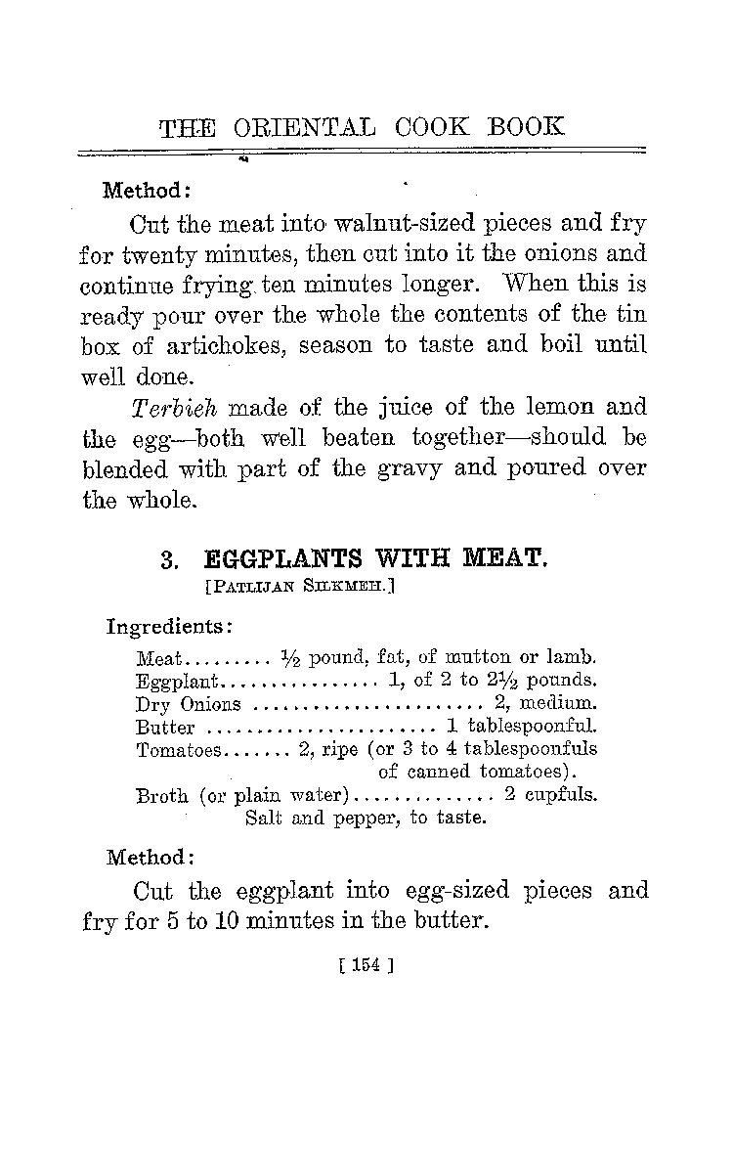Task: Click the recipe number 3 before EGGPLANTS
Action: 168,559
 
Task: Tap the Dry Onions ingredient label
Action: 188,704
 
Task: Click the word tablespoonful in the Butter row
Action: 533,727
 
